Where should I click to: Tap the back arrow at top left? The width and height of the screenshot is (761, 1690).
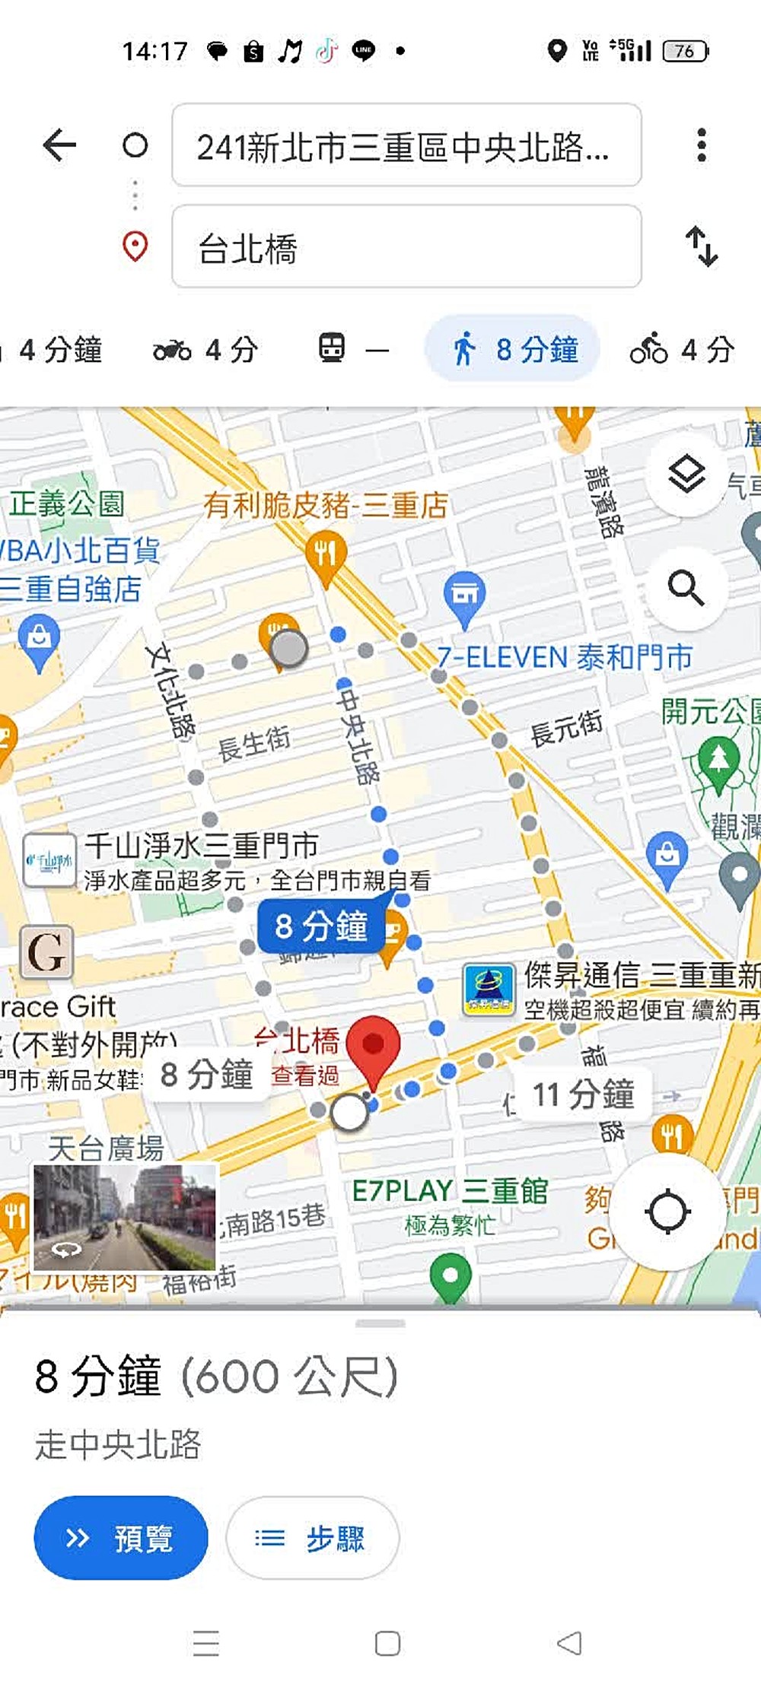(59, 145)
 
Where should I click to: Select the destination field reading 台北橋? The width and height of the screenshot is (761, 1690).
(406, 246)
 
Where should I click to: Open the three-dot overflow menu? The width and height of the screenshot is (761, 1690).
(701, 145)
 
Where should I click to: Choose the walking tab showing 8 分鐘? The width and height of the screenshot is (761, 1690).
(513, 350)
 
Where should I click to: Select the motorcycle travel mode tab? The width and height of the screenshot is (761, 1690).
(204, 350)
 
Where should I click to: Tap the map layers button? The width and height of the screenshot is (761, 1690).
(687, 475)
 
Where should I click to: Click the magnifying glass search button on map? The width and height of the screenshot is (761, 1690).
(687, 588)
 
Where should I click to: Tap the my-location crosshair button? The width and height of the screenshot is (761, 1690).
(667, 1212)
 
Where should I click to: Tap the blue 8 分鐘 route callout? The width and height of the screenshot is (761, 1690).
(321, 926)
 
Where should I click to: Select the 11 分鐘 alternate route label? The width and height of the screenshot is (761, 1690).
(582, 1094)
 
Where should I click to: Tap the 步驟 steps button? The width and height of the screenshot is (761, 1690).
(312, 1538)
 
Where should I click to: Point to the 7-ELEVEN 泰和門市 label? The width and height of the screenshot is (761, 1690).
(564, 657)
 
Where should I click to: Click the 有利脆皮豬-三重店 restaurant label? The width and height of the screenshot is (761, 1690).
(325, 505)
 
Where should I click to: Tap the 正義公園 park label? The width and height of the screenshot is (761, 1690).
(67, 503)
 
